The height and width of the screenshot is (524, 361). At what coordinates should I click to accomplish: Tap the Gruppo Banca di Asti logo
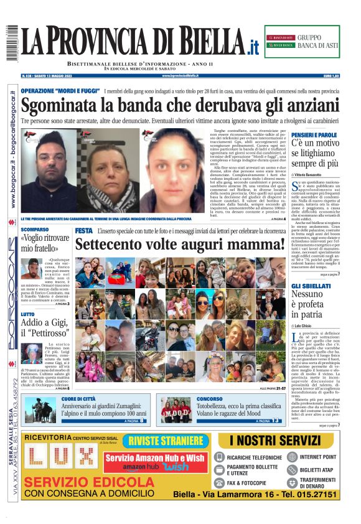click(x=302, y=42)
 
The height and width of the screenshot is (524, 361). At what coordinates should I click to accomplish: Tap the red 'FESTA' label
click(x=83, y=231)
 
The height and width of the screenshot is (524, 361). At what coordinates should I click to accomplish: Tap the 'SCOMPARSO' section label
click(x=35, y=229)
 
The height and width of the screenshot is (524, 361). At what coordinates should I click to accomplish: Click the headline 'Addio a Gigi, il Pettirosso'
click(x=44, y=328)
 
